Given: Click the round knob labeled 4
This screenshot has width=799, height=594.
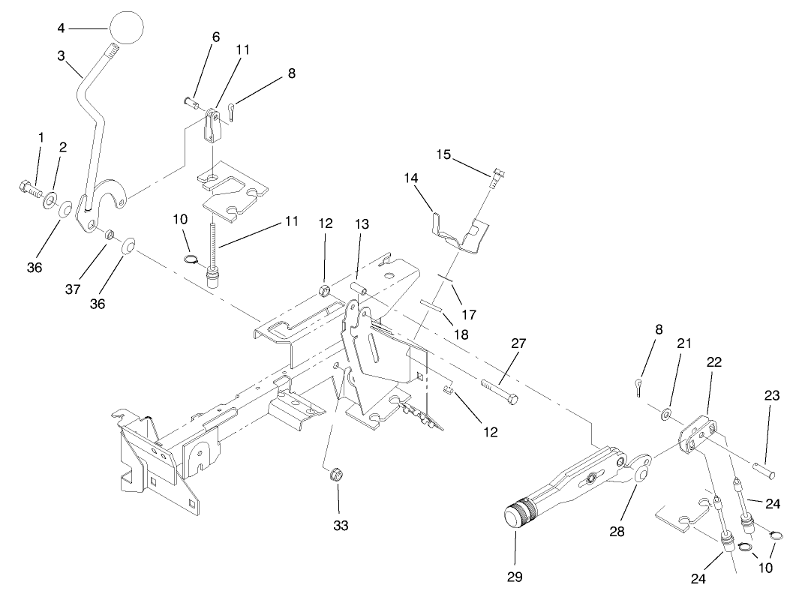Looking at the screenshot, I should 126,28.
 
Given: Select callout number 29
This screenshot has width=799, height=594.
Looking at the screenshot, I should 515,577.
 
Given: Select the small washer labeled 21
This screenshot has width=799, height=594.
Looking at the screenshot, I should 665,413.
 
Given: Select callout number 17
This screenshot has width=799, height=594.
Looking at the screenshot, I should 468,314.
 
